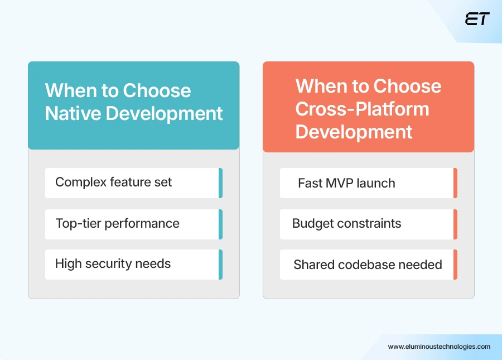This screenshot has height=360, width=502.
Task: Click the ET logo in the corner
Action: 477,19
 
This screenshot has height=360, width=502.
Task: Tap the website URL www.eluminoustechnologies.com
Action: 439,347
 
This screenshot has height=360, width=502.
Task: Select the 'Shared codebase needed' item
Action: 367,265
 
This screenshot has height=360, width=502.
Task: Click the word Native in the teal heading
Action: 73,113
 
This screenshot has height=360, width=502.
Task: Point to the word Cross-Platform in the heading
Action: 362,109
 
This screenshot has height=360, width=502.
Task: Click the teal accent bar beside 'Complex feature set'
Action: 220,183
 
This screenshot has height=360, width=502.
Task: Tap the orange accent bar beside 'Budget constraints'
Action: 455,224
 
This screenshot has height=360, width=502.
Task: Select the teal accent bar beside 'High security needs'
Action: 220,264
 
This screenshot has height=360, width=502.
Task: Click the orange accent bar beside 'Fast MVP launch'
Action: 455,183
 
